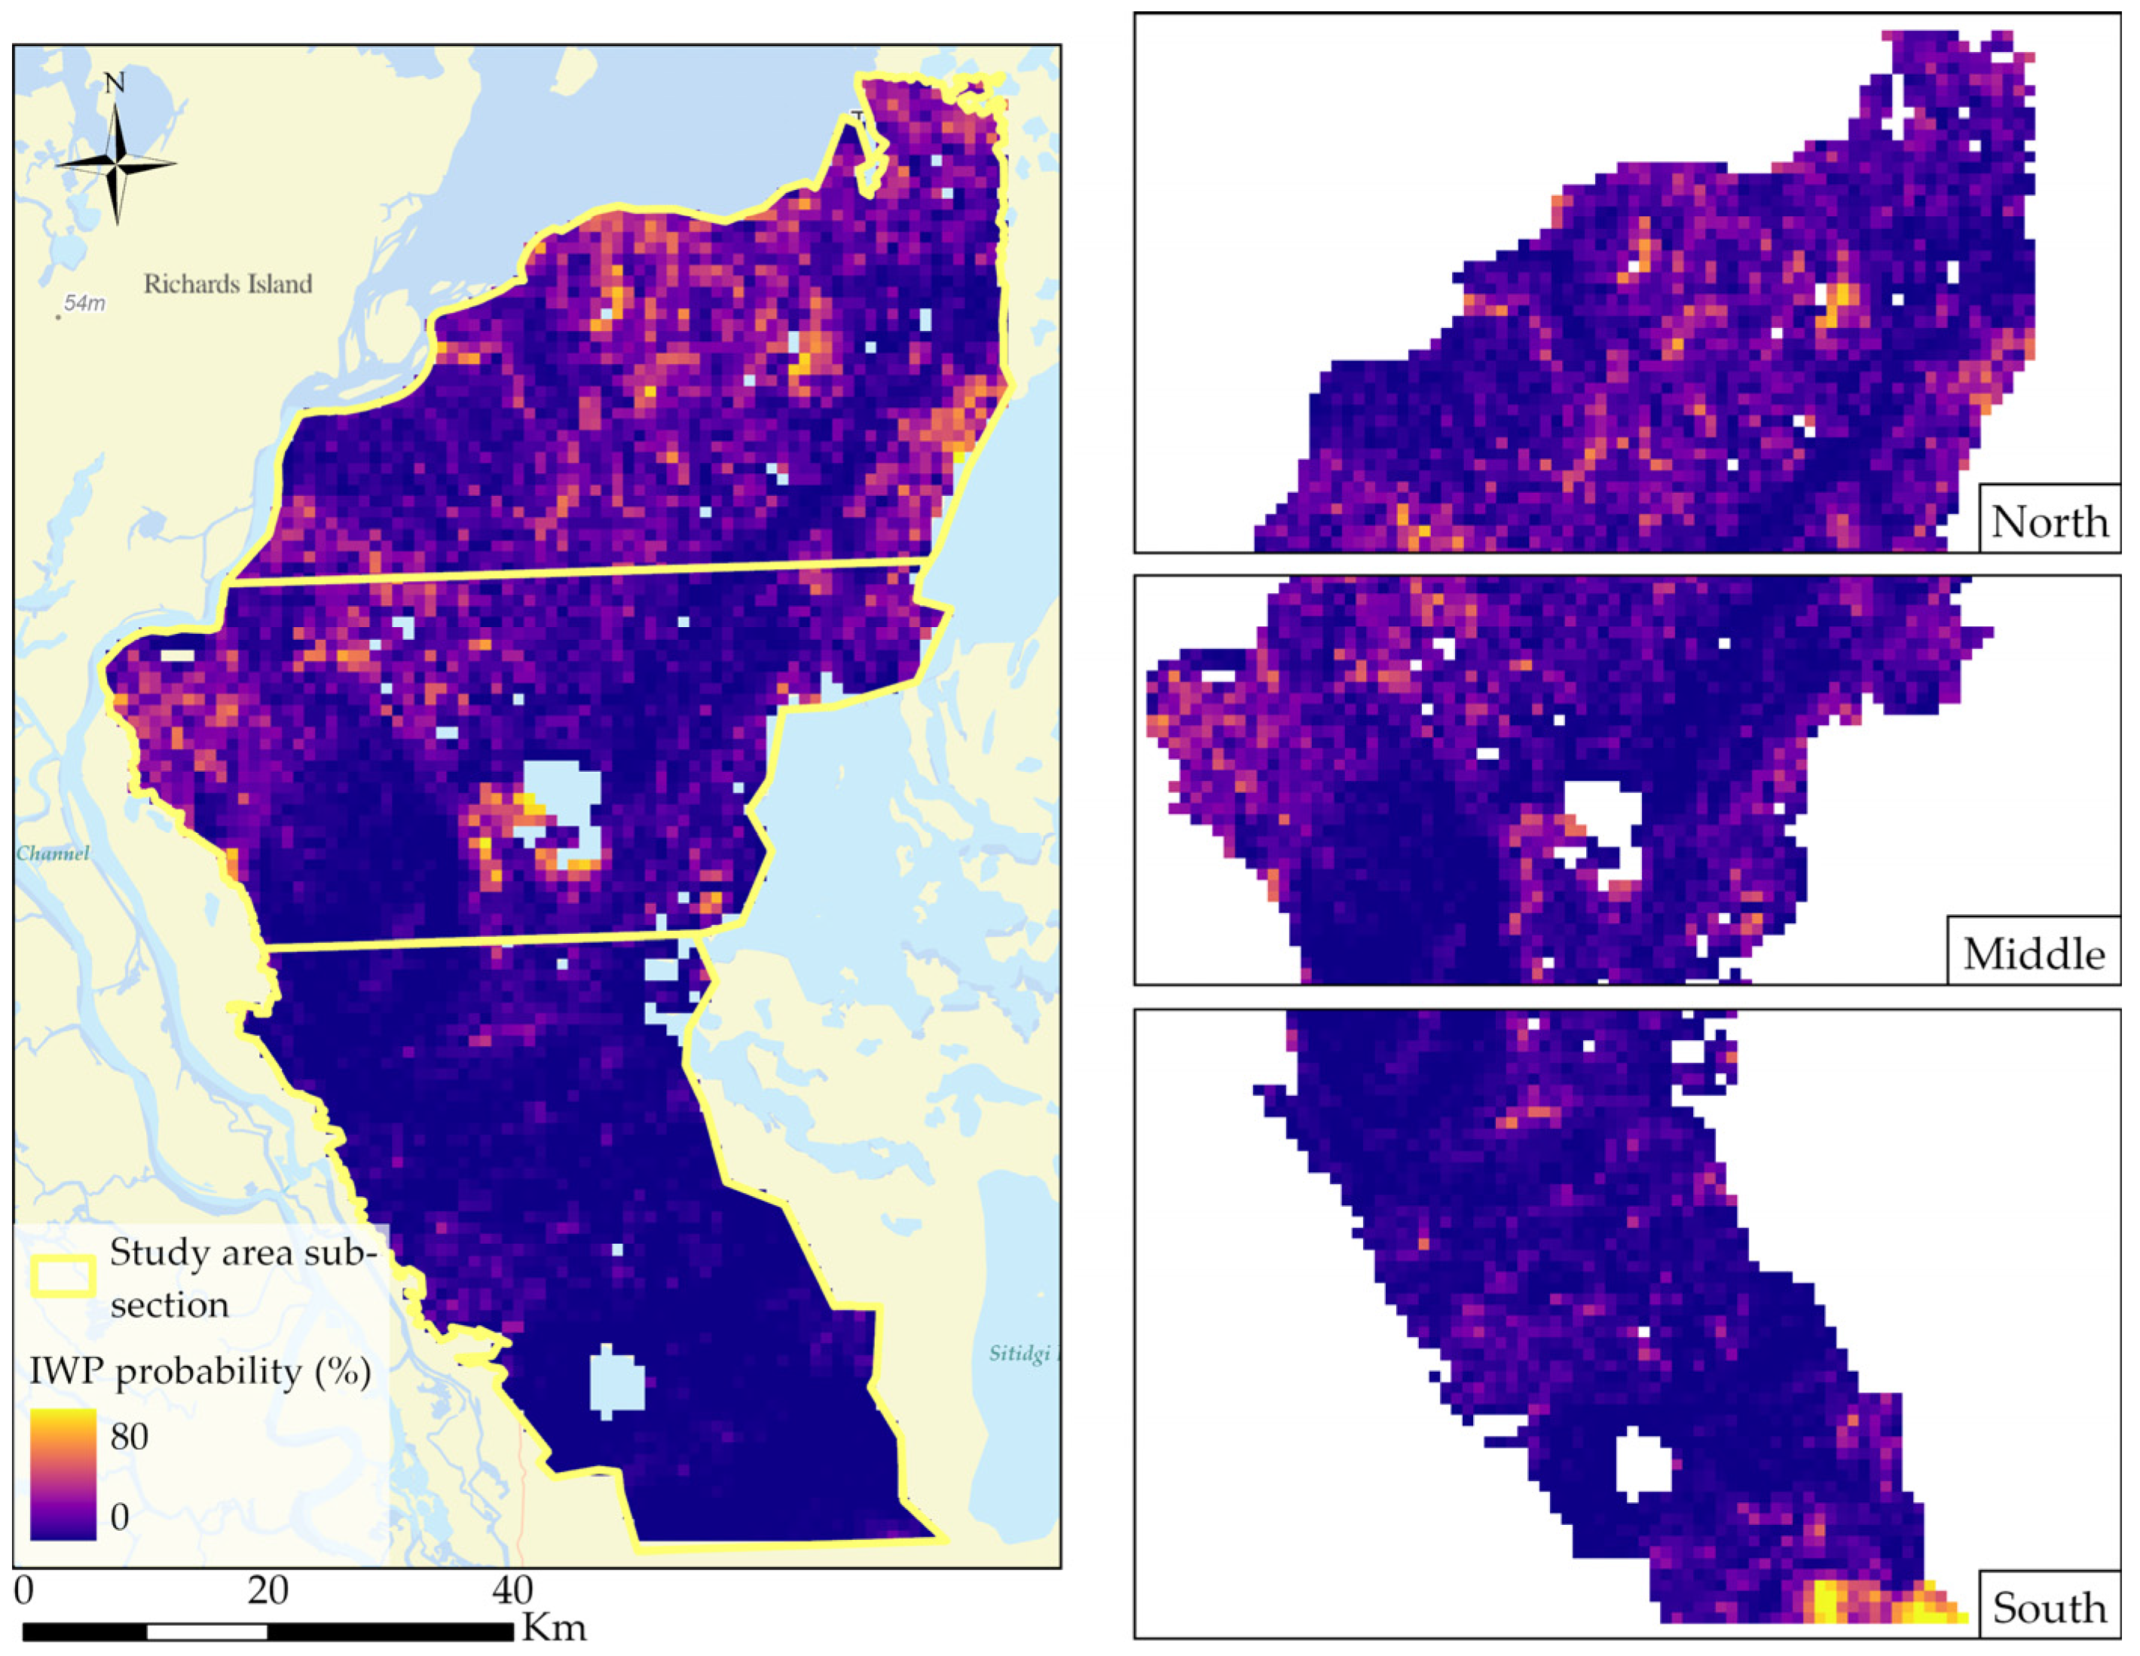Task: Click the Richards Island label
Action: (x=228, y=284)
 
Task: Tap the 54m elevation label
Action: (x=84, y=304)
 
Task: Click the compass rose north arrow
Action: (x=115, y=164)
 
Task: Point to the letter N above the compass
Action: (x=115, y=83)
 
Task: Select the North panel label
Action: (x=2049, y=522)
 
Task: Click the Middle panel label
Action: (x=2033, y=954)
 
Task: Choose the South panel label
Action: (x=2049, y=1608)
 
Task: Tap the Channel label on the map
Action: (x=53, y=853)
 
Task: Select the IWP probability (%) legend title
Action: (x=200, y=1371)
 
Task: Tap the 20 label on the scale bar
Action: (x=267, y=1590)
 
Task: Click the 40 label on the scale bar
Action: (x=512, y=1590)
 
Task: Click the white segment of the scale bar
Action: (x=206, y=1631)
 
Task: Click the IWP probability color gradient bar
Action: (x=63, y=1474)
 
